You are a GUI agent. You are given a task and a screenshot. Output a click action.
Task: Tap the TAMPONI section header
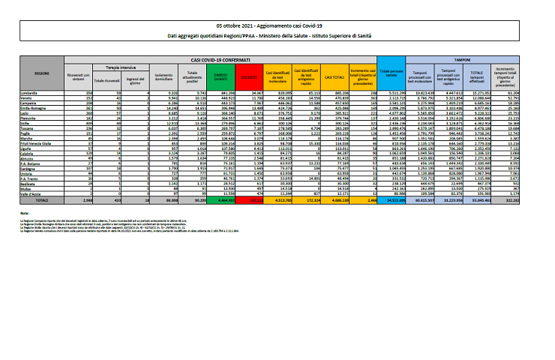(472, 58)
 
